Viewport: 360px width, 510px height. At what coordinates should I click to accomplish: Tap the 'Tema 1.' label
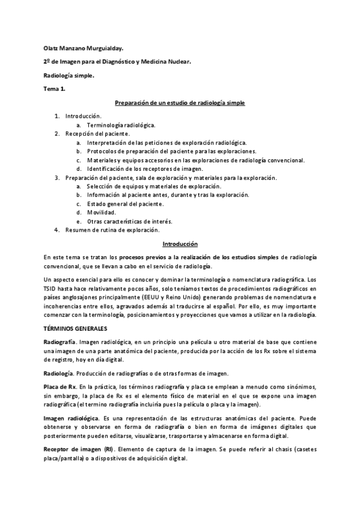pyautogui.click(x=55, y=90)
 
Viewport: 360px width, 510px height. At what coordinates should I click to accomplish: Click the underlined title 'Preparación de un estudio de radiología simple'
pyautogui.click(x=180, y=103)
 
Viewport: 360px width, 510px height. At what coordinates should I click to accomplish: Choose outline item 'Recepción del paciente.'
pyautogui.click(x=97, y=134)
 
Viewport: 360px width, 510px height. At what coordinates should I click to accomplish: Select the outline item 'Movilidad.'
pyautogui.click(x=102, y=212)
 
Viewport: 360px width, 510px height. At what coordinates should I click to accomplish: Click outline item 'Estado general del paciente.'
pyautogui.click(x=125, y=203)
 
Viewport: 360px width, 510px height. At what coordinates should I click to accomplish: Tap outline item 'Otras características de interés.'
pyautogui.click(x=130, y=221)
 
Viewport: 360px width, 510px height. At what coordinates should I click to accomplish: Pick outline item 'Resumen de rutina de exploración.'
pyautogui.click(x=112, y=230)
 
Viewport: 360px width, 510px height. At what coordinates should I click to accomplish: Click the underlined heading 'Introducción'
pyautogui.click(x=180, y=244)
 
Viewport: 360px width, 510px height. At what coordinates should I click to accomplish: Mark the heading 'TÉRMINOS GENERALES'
pyautogui.click(x=76, y=329)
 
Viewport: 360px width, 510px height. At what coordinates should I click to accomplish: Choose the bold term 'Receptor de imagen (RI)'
pyautogui.click(x=79, y=449)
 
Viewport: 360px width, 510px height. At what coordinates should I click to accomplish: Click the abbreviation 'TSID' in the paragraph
pyautogui.click(x=51, y=289)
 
